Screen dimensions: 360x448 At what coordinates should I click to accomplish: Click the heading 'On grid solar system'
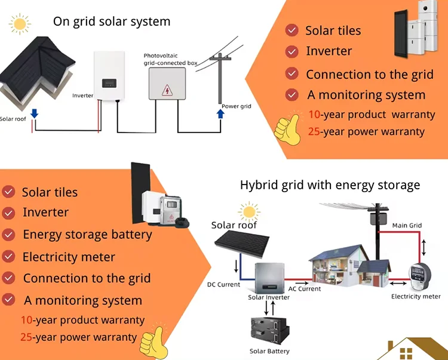[112, 21]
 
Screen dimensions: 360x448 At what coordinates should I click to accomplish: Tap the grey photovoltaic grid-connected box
[167, 83]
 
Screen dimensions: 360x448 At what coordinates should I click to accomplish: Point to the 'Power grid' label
[237, 106]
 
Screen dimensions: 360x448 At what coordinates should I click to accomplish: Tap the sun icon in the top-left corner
[20, 24]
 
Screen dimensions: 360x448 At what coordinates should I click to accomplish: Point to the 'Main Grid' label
[407, 226]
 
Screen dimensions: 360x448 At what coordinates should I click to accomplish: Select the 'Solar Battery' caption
[269, 351]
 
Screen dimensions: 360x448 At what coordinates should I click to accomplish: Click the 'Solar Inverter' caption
[269, 297]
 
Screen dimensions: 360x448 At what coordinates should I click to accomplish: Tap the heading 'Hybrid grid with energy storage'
[330, 185]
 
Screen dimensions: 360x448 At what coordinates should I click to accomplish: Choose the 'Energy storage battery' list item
[87, 235]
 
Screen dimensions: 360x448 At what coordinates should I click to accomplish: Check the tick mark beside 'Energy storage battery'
[9, 234]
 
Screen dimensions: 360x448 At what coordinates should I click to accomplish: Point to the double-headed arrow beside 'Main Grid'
[424, 246]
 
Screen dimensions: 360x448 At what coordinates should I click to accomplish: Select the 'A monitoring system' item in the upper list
[366, 95]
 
